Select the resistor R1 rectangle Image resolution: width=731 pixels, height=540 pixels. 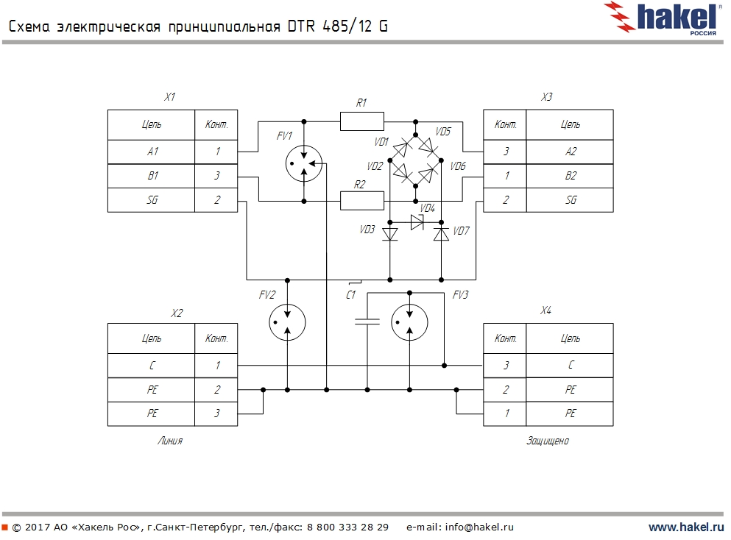[x=361, y=121]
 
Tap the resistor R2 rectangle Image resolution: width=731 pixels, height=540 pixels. [x=361, y=200]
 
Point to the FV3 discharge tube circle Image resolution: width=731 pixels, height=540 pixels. [x=409, y=321]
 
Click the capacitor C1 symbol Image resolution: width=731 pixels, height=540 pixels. [x=367, y=321]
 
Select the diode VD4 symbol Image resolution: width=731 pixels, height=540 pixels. [x=417, y=224]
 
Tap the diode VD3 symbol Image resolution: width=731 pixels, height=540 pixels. [x=389, y=234]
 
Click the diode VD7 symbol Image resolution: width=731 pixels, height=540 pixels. [x=441, y=234]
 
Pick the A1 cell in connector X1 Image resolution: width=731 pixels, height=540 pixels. [x=152, y=152]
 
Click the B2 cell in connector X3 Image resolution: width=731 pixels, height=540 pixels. [x=570, y=176]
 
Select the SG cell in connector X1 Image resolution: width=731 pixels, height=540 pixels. [x=152, y=200]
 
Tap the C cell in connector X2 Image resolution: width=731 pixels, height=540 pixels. [x=152, y=365]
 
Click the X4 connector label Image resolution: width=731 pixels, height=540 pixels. [x=545, y=311]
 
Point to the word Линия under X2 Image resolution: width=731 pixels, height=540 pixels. [x=169, y=441]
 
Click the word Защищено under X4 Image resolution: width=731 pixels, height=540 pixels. [x=548, y=441]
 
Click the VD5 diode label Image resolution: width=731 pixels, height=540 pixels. [x=443, y=132]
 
